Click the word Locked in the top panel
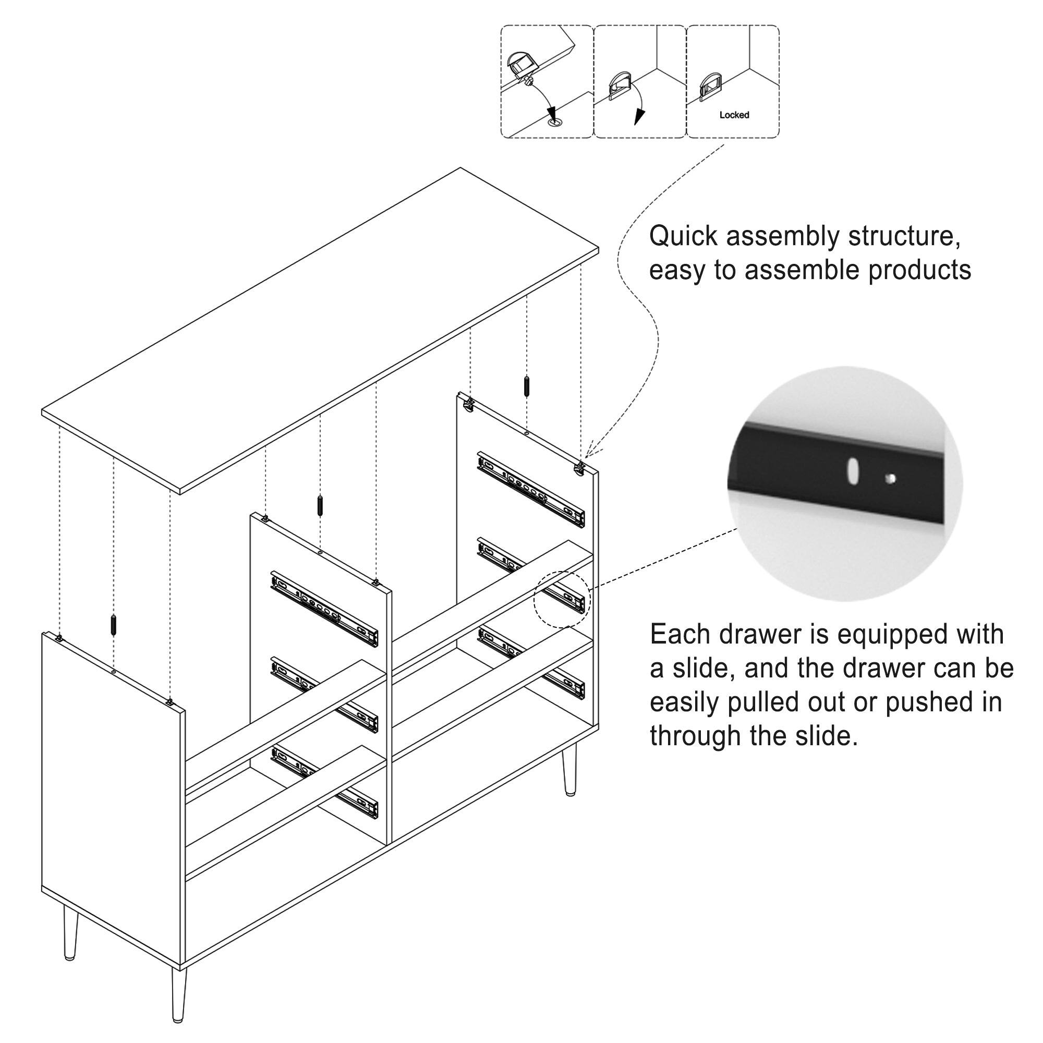pos(734,115)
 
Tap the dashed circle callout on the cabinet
pos(562,599)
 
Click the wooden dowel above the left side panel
pos(113,625)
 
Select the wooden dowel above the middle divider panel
pos(320,505)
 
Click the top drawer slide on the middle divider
pos(324,609)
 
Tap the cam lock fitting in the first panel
pos(520,67)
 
